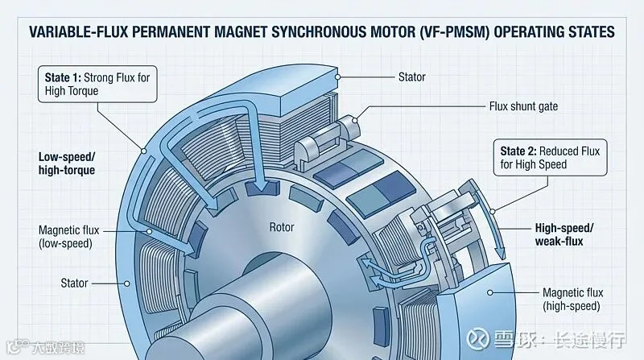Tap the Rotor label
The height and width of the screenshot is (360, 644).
point(282,227)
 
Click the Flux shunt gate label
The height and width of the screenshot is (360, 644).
point(523,106)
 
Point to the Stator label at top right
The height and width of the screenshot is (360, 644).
point(412,77)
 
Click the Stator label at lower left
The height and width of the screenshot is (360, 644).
point(74,283)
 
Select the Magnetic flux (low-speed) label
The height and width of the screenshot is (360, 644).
point(69,237)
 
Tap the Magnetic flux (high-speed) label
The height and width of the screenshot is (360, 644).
point(572,299)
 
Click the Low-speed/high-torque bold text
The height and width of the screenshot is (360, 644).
point(67,163)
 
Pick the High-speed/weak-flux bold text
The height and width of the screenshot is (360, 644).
point(564,234)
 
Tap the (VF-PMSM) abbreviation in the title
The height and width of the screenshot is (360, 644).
point(454,32)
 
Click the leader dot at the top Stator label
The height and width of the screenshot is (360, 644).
point(337,77)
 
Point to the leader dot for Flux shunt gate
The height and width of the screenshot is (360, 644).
point(355,120)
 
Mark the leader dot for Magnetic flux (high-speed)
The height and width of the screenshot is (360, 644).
point(489,292)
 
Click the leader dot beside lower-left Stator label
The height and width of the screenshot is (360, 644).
point(127,283)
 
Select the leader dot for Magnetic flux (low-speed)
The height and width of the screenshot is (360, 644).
point(150,231)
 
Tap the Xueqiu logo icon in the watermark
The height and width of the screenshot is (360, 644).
point(478,338)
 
